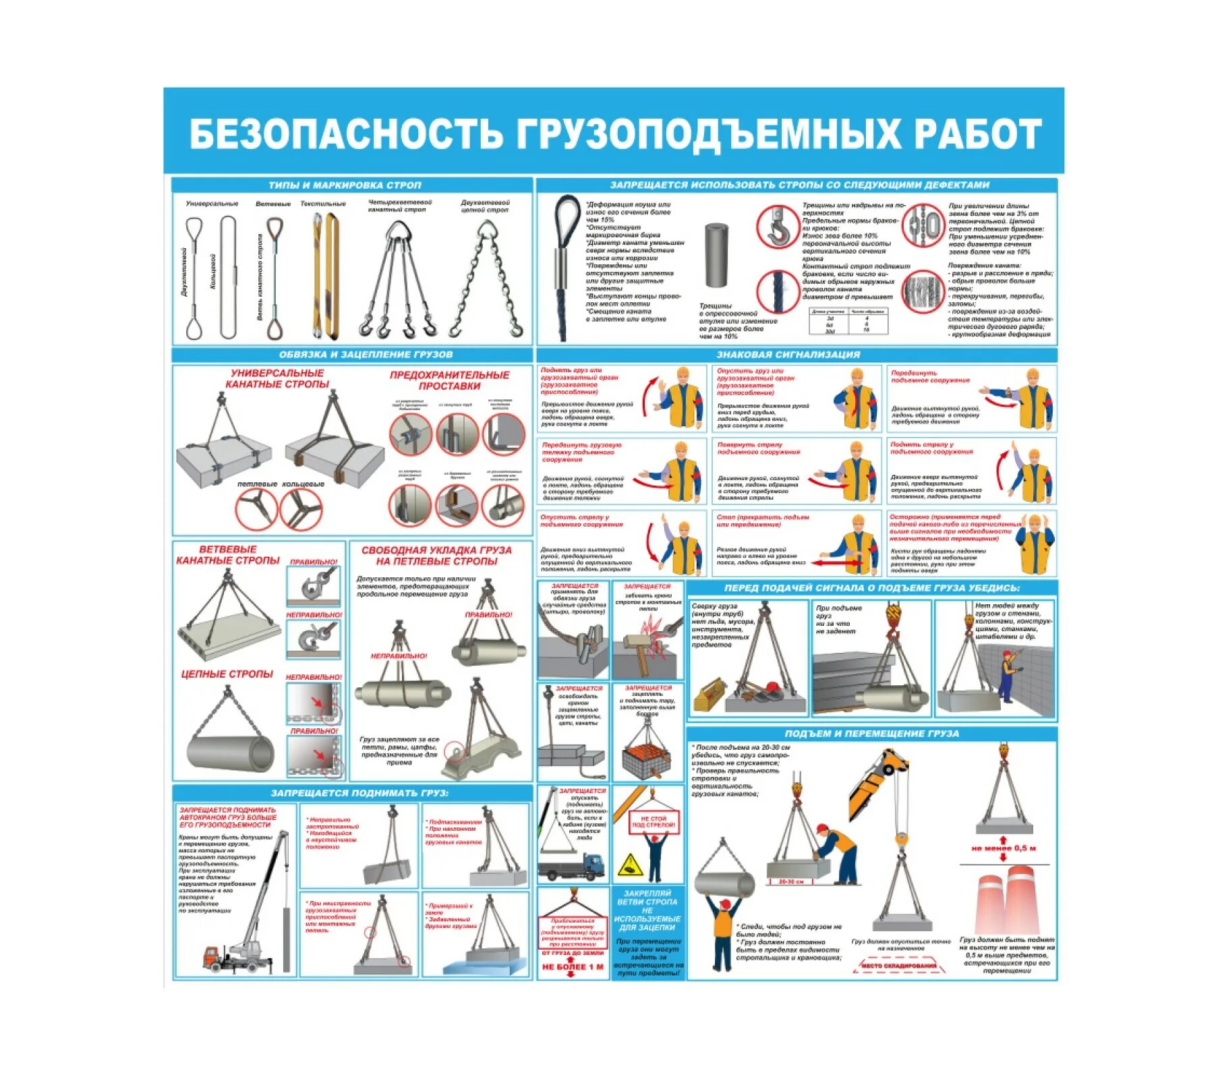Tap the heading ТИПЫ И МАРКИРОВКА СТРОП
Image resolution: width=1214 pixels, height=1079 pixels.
coord(345,185)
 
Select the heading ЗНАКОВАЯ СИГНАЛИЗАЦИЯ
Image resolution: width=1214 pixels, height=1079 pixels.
coord(788,354)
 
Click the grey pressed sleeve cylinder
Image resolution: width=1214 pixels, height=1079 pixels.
coord(716,256)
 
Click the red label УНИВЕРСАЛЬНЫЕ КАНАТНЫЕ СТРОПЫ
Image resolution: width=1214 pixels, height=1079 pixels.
coord(277,378)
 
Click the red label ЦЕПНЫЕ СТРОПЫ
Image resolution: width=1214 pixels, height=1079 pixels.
coord(227,674)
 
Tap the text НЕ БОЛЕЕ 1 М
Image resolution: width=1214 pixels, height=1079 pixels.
coord(573,967)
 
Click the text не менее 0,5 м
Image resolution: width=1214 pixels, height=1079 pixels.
coord(1003,848)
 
